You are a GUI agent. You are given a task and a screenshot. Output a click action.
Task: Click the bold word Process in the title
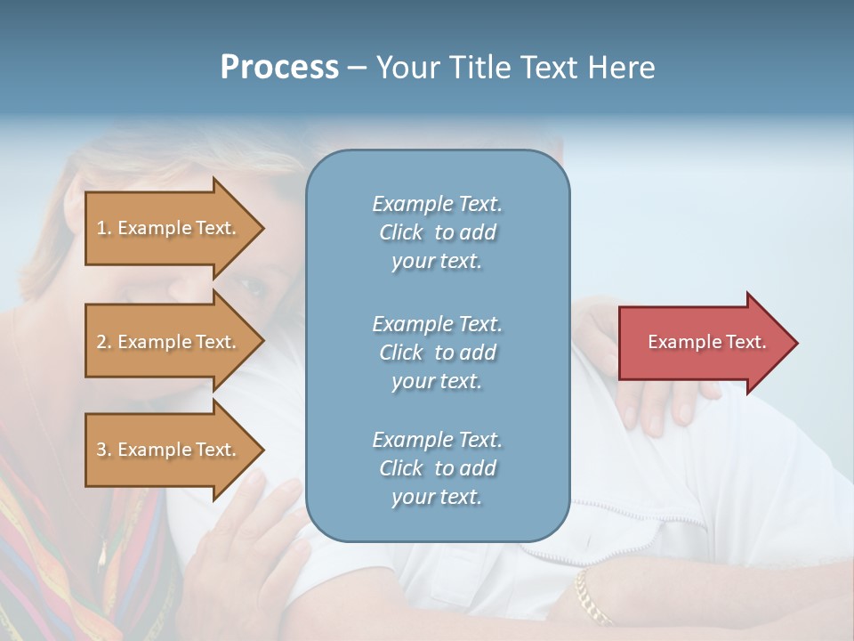pos(279,68)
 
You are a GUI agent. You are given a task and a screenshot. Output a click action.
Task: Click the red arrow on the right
pos(707,342)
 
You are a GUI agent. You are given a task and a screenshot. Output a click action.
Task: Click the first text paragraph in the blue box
pos(437,232)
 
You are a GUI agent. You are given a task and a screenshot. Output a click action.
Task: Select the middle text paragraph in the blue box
pos(437,352)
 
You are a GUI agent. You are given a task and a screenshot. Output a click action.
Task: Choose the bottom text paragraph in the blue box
pos(437,468)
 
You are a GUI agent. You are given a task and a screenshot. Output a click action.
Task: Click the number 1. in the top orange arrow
pos(104,228)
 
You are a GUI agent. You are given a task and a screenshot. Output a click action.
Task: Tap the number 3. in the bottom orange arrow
pos(104,450)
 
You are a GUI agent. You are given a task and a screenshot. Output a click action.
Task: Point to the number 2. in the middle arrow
pos(104,342)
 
